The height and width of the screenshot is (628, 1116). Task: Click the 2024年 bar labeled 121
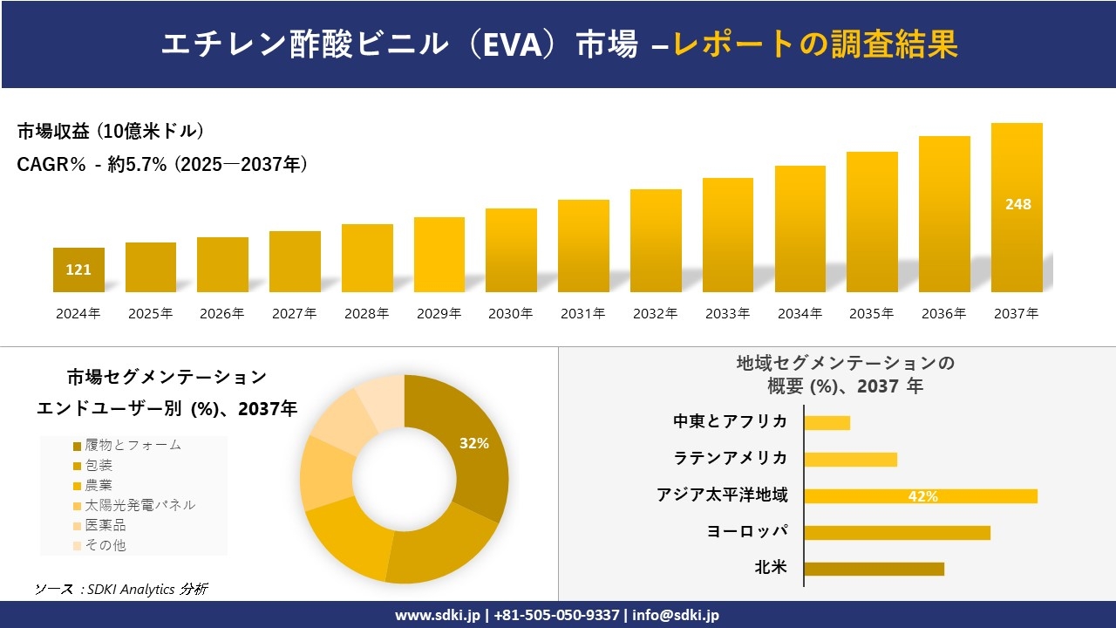(x=78, y=270)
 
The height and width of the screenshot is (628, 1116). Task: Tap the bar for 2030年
(x=511, y=250)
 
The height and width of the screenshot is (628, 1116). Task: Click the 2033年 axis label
(x=727, y=314)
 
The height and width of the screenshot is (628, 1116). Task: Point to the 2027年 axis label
(x=294, y=314)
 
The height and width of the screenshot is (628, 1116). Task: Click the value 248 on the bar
(x=1017, y=204)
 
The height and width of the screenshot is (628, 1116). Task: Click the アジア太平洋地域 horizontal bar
(x=920, y=496)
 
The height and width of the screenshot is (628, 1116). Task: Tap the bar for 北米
(x=874, y=569)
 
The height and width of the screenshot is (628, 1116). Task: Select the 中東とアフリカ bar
(x=827, y=423)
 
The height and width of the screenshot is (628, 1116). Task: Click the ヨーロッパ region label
(x=747, y=531)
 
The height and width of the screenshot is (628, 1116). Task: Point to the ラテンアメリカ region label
(x=731, y=458)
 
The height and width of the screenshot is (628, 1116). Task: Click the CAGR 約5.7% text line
(x=162, y=165)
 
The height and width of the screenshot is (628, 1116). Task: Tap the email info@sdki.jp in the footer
(x=677, y=615)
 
